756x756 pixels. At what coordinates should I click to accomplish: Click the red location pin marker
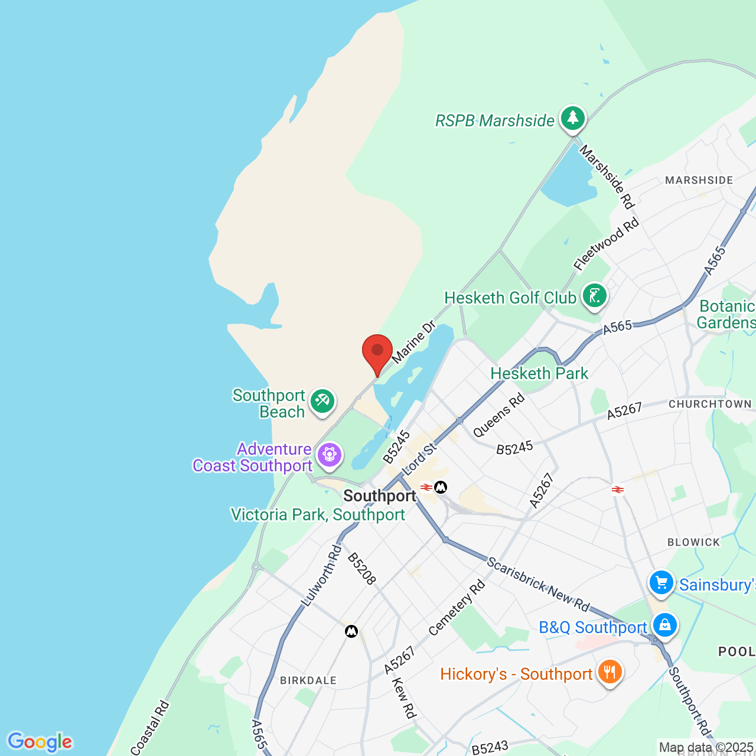tap(377, 352)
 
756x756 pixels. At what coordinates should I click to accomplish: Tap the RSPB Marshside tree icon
tap(572, 118)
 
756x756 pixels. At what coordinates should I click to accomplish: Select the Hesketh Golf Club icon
tap(594, 295)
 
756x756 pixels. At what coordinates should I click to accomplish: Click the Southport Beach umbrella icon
tap(322, 402)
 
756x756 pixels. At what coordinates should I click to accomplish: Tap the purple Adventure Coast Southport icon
tap(329, 455)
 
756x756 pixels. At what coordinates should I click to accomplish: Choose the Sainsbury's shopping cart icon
tap(661, 583)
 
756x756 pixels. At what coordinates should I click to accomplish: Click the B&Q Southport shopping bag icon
tap(664, 625)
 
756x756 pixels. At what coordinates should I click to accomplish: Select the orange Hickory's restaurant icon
tap(610, 672)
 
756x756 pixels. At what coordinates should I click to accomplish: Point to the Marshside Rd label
tap(607, 177)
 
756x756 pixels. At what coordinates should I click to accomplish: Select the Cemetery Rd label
tap(457, 608)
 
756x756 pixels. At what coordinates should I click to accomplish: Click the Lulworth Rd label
tap(321, 576)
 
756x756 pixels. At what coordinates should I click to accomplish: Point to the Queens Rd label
tap(499, 415)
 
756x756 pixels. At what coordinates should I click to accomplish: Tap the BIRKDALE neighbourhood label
tap(308, 680)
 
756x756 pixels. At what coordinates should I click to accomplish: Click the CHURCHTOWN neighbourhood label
tap(710, 404)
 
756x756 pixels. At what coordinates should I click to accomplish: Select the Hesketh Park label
tap(539, 373)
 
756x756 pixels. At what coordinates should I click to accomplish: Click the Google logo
tap(40, 742)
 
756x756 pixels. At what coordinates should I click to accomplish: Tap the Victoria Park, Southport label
tap(318, 514)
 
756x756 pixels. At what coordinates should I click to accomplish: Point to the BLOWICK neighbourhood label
tap(693, 542)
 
